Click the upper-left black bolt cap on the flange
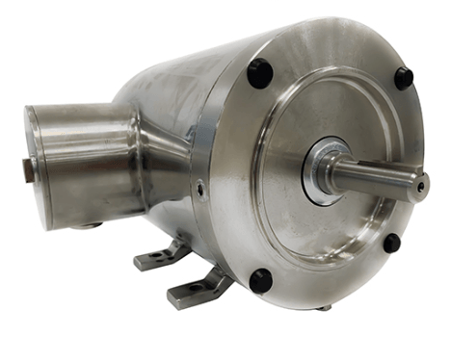coord(260,72)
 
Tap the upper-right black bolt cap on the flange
coord(403,78)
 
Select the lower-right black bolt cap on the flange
coord(391,243)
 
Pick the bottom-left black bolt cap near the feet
coord(260,281)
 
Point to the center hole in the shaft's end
coord(421,185)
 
